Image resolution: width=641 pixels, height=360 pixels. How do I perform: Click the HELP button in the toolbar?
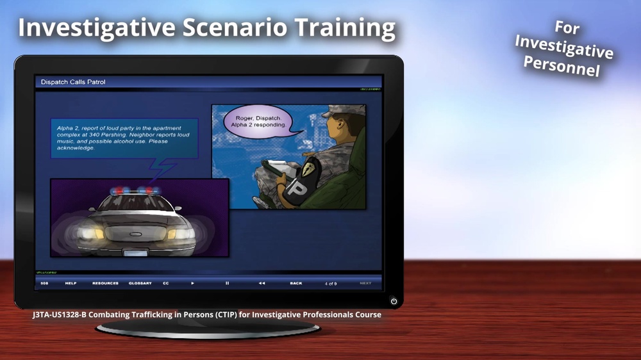coord(71,283)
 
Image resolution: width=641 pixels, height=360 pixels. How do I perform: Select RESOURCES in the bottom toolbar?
coord(105,283)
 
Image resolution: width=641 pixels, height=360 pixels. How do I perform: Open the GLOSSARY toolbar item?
coord(140,283)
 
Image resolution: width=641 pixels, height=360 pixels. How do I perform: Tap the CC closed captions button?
coord(166,283)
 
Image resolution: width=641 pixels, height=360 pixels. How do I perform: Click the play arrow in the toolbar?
coord(193,283)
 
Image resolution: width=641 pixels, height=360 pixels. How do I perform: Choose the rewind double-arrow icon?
coord(262,283)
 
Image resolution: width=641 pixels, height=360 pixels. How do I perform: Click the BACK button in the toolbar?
coord(296,283)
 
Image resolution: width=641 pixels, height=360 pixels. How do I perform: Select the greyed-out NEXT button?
coord(365,283)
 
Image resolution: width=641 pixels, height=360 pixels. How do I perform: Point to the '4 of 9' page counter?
coord(331,283)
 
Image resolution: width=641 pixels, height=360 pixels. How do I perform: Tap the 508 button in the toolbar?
coord(44,283)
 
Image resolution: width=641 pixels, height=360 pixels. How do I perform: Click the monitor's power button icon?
coord(394,300)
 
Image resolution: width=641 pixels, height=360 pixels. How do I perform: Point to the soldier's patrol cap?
coord(340,112)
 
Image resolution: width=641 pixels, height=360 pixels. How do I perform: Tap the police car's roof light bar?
coord(135,191)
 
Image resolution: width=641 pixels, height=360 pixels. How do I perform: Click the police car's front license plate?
coord(135,252)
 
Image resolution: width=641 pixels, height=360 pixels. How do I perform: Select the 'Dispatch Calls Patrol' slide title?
coord(73,82)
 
